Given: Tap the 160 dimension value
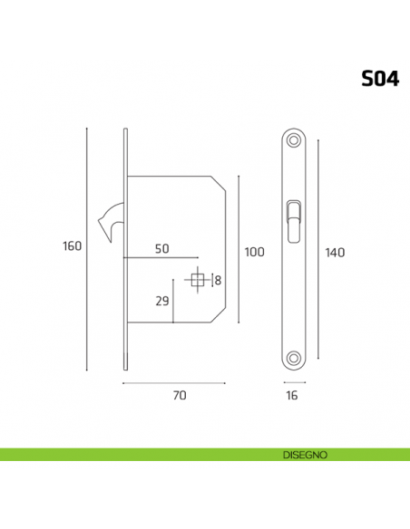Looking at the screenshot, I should pyautogui.click(x=73, y=246).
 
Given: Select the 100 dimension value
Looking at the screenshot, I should pyautogui.click(x=255, y=252).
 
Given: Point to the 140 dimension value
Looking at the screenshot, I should pyautogui.click(x=336, y=252).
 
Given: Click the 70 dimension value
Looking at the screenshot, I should pyautogui.click(x=179, y=395).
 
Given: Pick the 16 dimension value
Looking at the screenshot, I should pyautogui.click(x=292, y=395).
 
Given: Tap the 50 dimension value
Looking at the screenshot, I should pyautogui.click(x=162, y=248).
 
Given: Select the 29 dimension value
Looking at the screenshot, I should pyautogui.click(x=162, y=301).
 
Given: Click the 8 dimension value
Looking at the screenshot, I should pyautogui.click(x=218, y=282).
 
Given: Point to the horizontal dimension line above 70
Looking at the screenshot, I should pyautogui.click(x=174, y=384).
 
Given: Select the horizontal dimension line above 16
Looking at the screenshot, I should pyautogui.click(x=292, y=384).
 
